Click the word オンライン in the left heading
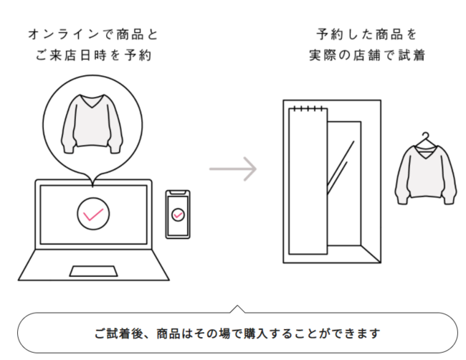[x=58, y=34]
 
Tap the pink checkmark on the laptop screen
[x=93, y=213]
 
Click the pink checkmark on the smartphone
[x=178, y=214]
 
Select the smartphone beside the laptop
[x=178, y=214]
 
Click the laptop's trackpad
[x=93, y=271]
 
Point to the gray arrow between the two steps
[x=233, y=169]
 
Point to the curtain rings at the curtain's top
[x=308, y=108]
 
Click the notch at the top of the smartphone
[x=178, y=193]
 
